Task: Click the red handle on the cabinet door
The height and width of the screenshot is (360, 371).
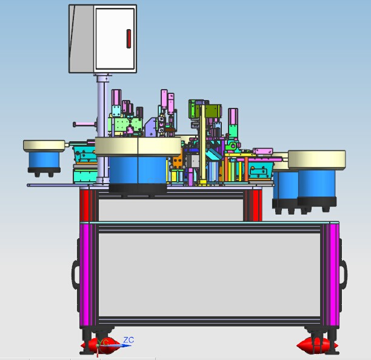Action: pyautogui.click(x=129, y=39)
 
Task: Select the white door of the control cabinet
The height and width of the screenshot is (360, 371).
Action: pyautogui.click(x=115, y=39)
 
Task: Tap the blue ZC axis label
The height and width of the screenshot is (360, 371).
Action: pyautogui.click(x=129, y=340)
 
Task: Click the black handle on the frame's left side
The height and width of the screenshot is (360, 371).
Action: pyautogui.click(x=76, y=275)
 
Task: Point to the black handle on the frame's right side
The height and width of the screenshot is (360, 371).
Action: pyautogui.click(x=344, y=274)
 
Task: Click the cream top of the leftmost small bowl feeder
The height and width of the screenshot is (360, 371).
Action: pyautogui.click(x=44, y=145)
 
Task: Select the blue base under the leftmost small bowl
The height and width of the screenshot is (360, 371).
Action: pyautogui.click(x=44, y=160)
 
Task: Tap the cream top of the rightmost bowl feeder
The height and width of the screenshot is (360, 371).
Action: pyautogui.click(x=317, y=160)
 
